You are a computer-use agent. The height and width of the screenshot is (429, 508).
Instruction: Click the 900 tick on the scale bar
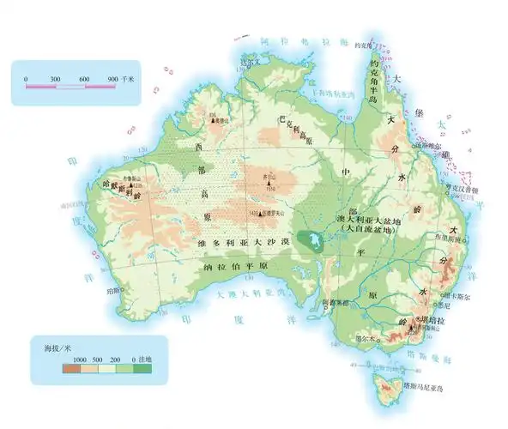pyautogui.click(x=114, y=79)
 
